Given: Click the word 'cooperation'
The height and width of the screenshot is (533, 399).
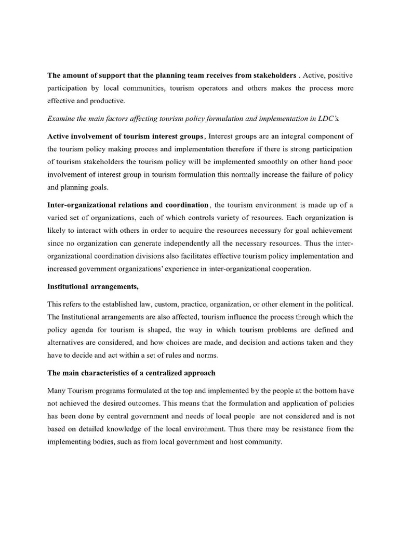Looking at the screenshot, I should (x=289, y=269).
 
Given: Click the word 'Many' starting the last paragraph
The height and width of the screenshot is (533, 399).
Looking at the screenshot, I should (x=57, y=391).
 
